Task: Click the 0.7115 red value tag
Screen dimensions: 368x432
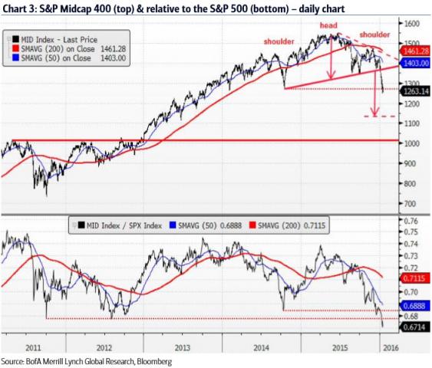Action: point(415,278)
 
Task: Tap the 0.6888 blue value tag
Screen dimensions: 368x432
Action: point(415,304)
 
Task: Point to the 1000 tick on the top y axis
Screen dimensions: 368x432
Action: point(411,143)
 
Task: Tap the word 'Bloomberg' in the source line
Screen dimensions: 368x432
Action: point(151,360)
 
